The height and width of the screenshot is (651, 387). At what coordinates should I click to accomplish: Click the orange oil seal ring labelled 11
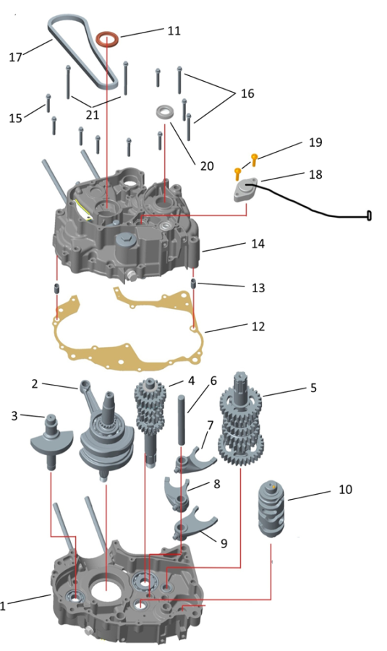107,35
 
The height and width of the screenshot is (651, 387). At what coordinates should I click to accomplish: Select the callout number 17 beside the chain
15,57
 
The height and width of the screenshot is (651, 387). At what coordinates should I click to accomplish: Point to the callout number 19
315,142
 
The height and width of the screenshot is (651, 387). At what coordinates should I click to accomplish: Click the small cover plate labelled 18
245,190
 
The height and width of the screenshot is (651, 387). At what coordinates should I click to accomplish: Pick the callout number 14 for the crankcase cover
258,243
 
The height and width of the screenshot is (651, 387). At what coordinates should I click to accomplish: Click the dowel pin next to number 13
193,284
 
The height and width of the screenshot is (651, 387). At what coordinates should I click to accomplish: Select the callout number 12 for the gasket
258,326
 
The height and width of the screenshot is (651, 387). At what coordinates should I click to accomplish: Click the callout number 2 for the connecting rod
35,383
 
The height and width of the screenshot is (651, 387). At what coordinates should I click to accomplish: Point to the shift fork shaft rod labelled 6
182,420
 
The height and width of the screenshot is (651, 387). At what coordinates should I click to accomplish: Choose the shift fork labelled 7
194,460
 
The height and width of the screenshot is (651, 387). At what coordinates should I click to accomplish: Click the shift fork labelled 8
177,493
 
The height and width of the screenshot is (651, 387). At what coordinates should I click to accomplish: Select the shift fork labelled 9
194,524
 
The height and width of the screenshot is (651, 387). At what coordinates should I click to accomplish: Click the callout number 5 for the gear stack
313,388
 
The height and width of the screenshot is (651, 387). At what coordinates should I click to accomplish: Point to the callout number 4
191,380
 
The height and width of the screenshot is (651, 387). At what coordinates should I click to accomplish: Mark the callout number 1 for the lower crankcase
2,605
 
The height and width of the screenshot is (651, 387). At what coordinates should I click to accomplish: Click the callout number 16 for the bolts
247,93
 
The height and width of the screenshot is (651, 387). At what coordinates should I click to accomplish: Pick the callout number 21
92,114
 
